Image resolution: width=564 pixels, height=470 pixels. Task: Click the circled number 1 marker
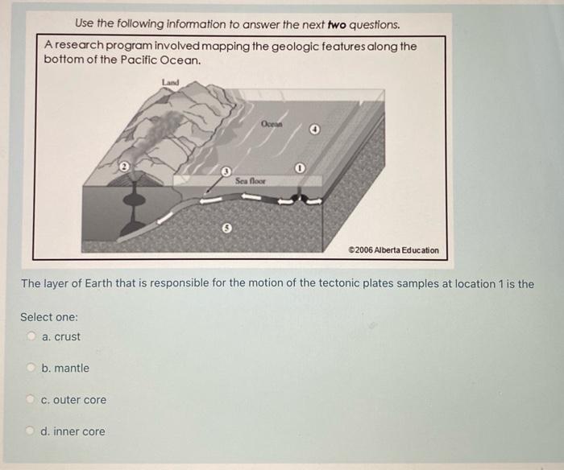click(300, 168)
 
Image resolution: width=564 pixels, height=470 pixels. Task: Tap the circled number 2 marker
click(124, 167)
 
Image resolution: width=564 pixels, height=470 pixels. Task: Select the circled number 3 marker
click(225, 171)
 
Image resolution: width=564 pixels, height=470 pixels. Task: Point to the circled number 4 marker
click(315, 130)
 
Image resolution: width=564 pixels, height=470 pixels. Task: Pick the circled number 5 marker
click(226, 228)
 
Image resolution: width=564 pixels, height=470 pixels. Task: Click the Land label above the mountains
click(170, 82)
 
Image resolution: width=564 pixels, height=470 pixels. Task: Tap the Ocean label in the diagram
click(272, 124)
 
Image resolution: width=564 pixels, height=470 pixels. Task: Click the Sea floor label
click(251, 181)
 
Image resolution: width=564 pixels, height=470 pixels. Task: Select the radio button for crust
click(31, 336)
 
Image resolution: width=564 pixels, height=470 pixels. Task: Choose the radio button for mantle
click(31, 367)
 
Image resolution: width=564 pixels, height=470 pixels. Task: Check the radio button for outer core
click(31, 398)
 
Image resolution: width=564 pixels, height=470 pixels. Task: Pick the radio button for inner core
click(31, 430)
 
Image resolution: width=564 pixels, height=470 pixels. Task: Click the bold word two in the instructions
click(337, 25)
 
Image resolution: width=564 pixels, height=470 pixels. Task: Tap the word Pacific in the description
click(138, 60)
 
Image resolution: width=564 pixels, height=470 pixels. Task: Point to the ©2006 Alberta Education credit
click(393, 250)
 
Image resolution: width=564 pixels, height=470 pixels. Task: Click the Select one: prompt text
click(49, 317)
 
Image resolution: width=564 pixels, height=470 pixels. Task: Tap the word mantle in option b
click(72, 368)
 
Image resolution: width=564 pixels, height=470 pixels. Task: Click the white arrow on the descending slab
click(164, 218)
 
